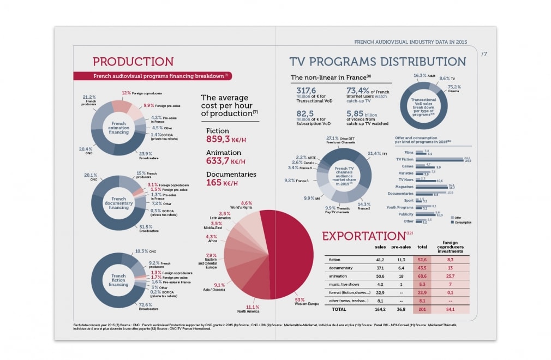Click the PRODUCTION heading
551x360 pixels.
point(133,62)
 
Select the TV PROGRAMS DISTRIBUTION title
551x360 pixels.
point(378,62)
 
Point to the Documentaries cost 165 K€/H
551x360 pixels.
point(221,183)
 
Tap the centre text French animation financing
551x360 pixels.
point(118,127)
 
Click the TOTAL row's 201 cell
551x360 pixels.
point(422,309)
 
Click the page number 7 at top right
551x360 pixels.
point(484,54)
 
